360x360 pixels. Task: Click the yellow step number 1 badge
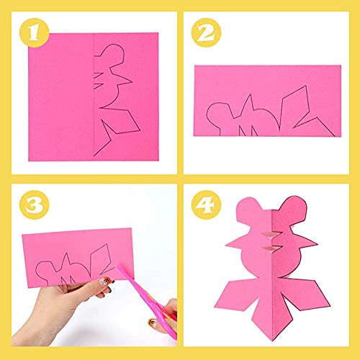point(35,33)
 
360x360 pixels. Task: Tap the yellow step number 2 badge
point(206,33)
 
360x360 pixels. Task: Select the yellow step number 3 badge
point(35,204)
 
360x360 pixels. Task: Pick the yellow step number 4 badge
point(206,204)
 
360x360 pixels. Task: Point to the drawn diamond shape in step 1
point(121,121)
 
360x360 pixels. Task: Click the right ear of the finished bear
point(294,207)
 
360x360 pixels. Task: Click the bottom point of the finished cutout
point(273,341)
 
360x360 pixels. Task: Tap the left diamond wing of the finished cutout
point(236,295)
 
